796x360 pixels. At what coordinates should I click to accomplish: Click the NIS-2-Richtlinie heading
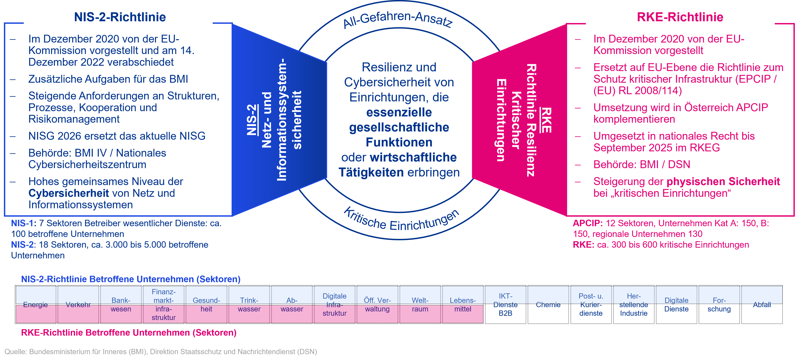(x=120, y=17)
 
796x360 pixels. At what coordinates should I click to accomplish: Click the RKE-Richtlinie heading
(x=680, y=17)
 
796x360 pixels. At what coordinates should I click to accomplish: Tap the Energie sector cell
(x=35, y=305)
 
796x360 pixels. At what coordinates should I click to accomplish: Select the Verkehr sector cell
(x=78, y=305)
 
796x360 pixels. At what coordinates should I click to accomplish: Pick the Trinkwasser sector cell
(x=249, y=305)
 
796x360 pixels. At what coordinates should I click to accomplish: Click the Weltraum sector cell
(x=420, y=305)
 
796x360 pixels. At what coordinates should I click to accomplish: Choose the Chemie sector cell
(x=548, y=305)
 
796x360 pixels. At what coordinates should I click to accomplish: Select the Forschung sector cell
(x=719, y=305)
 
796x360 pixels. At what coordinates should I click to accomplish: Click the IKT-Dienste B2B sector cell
(x=506, y=305)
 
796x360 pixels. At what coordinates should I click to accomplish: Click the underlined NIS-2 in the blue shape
(x=252, y=120)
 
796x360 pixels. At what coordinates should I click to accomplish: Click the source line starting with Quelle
(x=161, y=352)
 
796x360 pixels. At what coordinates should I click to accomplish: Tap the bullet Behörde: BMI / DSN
(x=642, y=164)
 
